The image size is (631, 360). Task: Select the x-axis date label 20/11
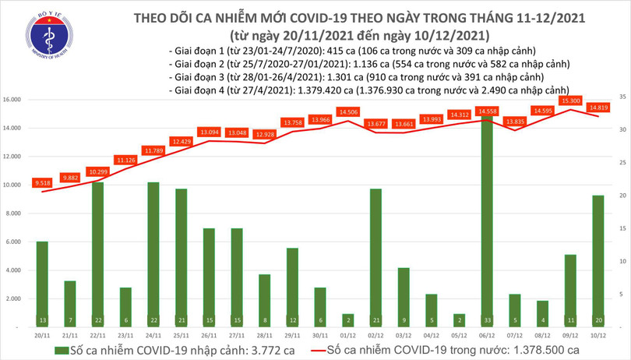click(x=42, y=336)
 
